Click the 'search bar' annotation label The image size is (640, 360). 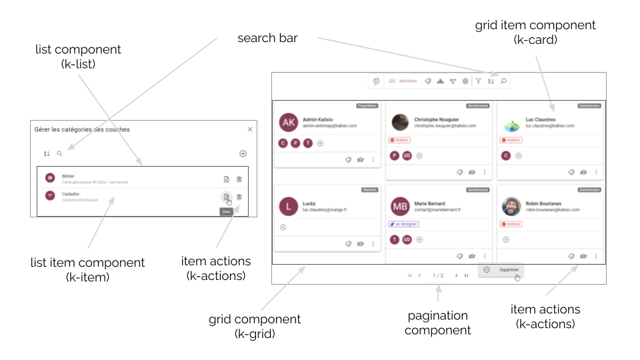[x=267, y=38]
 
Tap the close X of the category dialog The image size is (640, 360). [x=250, y=129]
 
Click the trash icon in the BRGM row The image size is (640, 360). [x=239, y=179]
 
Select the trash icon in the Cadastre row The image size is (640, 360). [x=239, y=196]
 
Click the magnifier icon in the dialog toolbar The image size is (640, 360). [x=59, y=153]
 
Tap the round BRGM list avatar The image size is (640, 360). [x=49, y=178]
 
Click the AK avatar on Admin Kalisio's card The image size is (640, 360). [x=288, y=123]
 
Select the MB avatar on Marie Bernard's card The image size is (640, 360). [x=400, y=206]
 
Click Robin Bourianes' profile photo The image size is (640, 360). [x=511, y=206]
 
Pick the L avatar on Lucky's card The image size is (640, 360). [x=288, y=206]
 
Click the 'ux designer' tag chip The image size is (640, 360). [x=403, y=224]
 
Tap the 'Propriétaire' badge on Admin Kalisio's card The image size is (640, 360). [x=367, y=105]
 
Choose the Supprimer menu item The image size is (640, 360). [x=509, y=269]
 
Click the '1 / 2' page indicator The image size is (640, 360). [x=438, y=275]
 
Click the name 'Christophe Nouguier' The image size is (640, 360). [x=437, y=119]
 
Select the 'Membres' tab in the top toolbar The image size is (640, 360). [x=403, y=81]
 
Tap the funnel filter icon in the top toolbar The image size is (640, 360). [x=478, y=81]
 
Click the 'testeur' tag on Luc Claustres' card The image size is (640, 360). [x=511, y=140]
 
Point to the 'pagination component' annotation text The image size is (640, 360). [x=437, y=323]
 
